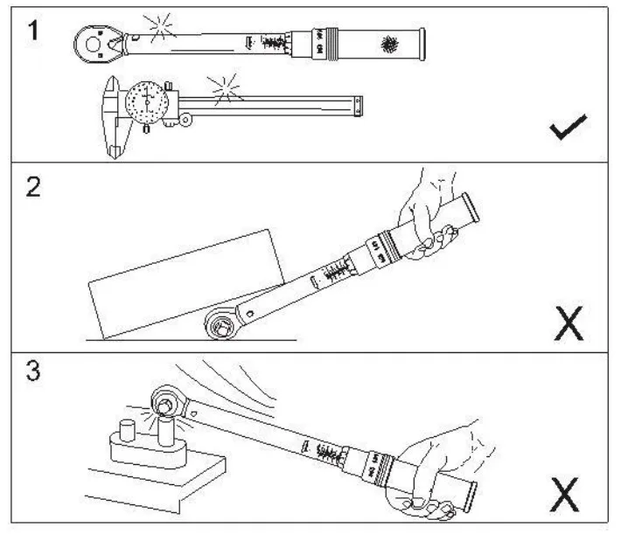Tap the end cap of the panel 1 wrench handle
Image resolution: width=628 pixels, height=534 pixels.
click(422, 45)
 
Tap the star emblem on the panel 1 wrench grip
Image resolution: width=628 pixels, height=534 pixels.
click(387, 43)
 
